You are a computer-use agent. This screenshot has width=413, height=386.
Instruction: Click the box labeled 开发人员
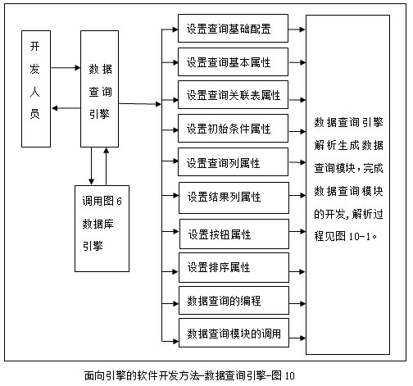pyautogui.click(x=36, y=89)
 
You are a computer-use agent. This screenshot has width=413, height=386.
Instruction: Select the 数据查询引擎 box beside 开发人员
pyautogui.click(x=99, y=89)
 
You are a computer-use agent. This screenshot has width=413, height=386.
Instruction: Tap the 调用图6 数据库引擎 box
pyautogui.click(x=102, y=229)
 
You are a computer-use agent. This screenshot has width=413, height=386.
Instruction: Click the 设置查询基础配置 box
pyautogui.click(x=233, y=28)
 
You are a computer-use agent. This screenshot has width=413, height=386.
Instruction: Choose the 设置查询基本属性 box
pyautogui.click(x=233, y=61)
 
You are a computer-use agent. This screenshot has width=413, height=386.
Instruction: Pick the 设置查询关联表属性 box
pyautogui.click(x=233, y=94)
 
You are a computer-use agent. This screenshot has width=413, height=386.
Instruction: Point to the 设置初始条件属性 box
pyautogui.click(x=233, y=128)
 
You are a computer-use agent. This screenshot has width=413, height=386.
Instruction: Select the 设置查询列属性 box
pyautogui.click(x=233, y=161)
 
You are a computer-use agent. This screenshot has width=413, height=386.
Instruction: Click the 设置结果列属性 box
pyautogui.click(x=234, y=198)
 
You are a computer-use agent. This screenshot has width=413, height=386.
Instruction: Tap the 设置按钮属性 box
pyautogui.click(x=234, y=234)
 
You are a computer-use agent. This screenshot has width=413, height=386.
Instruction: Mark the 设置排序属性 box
pyautogui.click(x=234, y=267)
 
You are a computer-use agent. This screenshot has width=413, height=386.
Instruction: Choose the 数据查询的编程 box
pyautogui.click(x=234, y=300)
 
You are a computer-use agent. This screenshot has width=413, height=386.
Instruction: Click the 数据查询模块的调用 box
pyautogui.click(x=234, y=333)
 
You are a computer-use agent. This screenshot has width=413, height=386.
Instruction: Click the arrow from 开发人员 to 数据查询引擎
pyautogui.click(x=66, y=67)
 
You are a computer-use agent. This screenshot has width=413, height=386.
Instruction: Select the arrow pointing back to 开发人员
pyautogui.click(x=66, y=108)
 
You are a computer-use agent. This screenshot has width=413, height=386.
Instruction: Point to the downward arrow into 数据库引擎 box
pyautogui.click(x=92, y=166)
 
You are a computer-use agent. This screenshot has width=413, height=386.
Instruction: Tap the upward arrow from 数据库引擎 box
pyautogui.click(x=107, y=166)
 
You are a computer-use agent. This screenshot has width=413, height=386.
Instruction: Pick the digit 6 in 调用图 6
pyautogui.click(x=119, y=202)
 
